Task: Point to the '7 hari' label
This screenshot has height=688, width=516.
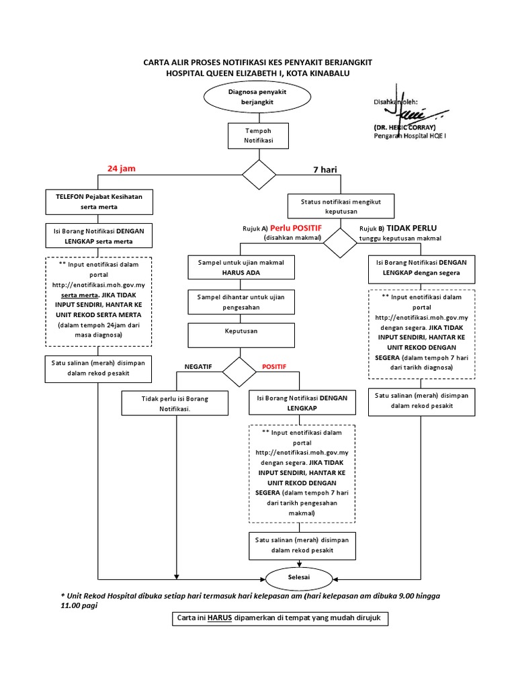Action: click(325, 170)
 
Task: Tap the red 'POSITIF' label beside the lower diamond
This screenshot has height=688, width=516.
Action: click(273, 367)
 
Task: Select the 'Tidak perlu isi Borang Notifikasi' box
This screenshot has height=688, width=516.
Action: click(175, 403)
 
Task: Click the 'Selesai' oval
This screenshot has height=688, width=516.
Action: click(290, 577)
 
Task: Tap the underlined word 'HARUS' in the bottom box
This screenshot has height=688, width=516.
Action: click(219, 618)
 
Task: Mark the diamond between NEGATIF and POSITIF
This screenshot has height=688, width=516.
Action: click(240, 372)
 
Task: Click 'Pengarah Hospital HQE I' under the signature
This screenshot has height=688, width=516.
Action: click(410, 136)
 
